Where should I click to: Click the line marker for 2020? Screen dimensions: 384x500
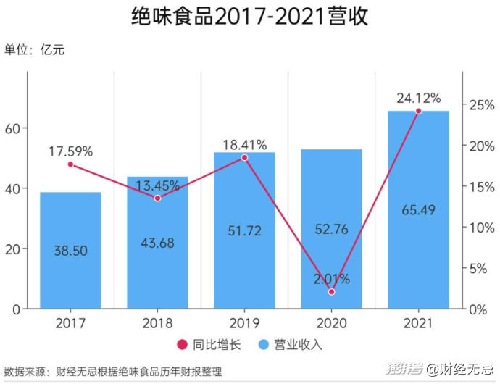pyautogui.click(x=332, y=291)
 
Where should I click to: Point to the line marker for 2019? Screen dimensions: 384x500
pyautogui.click(x=244, y=157)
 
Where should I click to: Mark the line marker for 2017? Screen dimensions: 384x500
pyautogui.click(x=70, y=164)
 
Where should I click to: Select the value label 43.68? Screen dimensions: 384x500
pyautogui.click(x=157, y=243)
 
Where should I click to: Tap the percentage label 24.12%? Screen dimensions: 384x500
pyautogui.click(x=418, y=98)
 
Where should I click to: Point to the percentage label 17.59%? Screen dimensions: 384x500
pyautogui.click(x=70, y=151)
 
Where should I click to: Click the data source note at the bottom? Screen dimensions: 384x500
pyautogui.click(x=112, y=371)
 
